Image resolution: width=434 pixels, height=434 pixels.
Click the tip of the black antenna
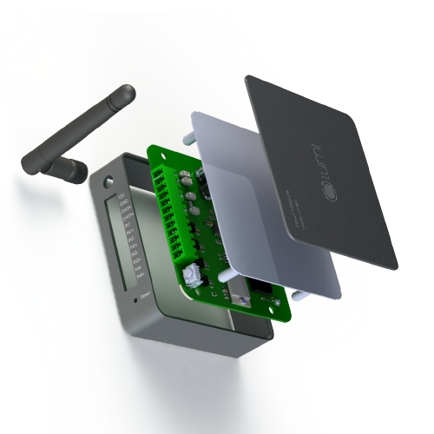[128, 91]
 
